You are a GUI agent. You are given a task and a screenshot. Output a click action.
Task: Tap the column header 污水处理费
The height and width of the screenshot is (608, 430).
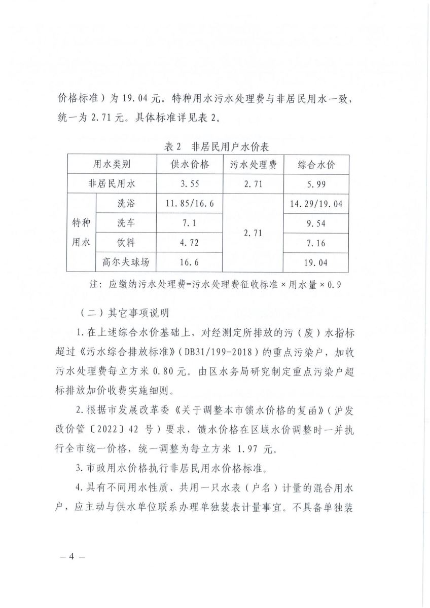coord(253,165)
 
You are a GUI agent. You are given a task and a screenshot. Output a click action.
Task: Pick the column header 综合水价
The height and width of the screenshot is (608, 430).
coord(316,165)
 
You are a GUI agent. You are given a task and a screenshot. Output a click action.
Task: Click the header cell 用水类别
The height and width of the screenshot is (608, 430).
coord(112,165)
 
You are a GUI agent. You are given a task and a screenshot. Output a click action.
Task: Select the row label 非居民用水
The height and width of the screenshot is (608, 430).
coord(112,184)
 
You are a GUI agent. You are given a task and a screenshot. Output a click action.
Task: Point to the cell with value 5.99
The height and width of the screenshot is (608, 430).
coord(316,184)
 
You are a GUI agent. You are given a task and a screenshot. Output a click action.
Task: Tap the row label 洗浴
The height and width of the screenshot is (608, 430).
coord(126,204)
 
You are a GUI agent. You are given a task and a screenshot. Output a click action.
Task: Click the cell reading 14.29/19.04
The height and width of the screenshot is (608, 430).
coord(316,204)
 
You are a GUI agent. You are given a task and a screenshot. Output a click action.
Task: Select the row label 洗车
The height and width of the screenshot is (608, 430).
coord(126,223)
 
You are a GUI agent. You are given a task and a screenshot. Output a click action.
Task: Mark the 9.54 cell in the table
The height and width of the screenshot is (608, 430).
coord(316,223)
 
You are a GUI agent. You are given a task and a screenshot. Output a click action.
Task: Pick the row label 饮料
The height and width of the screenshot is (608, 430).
coord(126,243)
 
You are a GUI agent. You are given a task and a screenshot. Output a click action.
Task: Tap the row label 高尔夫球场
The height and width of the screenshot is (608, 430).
coord(126,262)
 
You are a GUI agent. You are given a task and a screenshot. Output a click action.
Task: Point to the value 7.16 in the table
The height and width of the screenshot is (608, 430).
coord(316,243)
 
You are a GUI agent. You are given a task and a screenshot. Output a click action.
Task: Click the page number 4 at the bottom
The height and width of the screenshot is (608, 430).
coord(71,556)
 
